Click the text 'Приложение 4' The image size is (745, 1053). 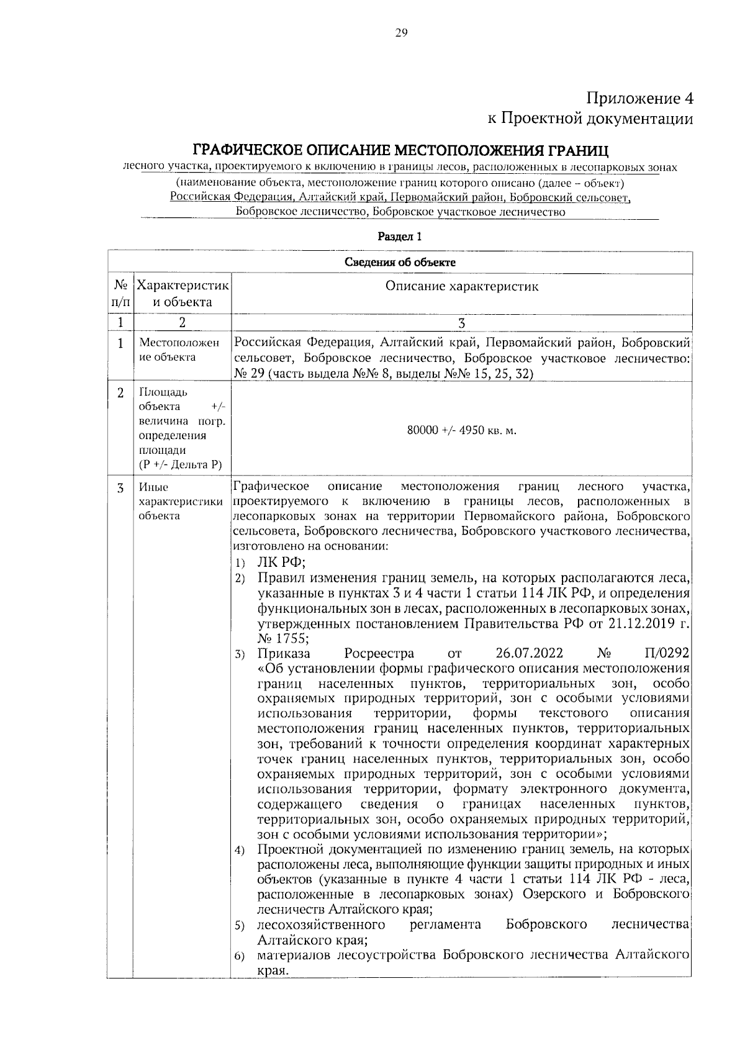click(x=639, y=99)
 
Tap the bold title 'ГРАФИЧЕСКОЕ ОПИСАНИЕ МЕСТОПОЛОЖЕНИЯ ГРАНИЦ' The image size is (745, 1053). click(x=400, y=151)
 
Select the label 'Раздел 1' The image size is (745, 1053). click(x=400, y=237)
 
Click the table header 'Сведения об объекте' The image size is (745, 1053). click(x=400, y=262)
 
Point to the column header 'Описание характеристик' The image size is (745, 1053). click(x=461, y=286)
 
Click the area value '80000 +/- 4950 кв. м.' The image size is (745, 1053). click(x=461, y=431)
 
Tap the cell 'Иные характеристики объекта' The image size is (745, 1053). click(x=180, y=502)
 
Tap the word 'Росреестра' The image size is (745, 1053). click(x=378, y=654)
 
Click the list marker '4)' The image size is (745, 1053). click(x=240, y=851)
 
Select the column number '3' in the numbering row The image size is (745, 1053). click(x=461, y=323)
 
